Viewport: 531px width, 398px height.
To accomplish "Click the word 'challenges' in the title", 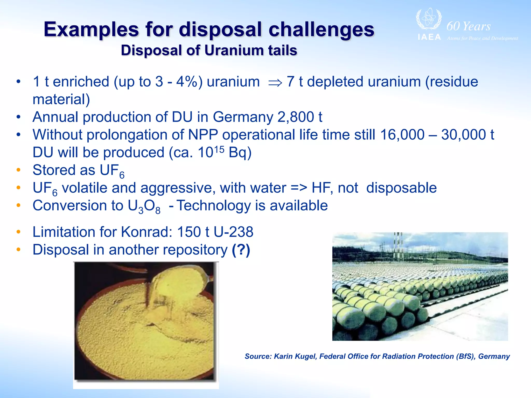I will click(321, 29).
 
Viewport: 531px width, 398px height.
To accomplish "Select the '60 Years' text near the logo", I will click(469, 26).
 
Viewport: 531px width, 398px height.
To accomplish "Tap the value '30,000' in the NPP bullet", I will click(464, 135).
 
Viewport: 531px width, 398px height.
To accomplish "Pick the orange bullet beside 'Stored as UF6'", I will click(18, 170).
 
